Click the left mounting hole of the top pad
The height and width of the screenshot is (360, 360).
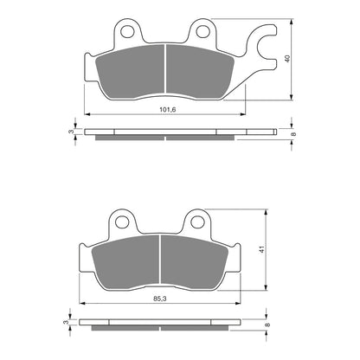[128, 34]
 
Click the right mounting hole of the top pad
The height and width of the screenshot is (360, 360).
[203, 34]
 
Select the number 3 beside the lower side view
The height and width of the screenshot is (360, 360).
[66, 322]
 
